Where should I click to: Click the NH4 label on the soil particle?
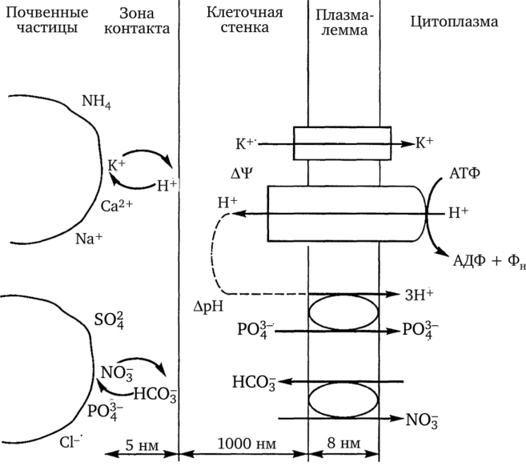click(99, 102)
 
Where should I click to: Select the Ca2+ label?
click(115, 206)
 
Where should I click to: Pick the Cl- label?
click(71, 440)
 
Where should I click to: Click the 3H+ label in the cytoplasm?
click(419, 293)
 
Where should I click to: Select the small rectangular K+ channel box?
click(342, 143)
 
